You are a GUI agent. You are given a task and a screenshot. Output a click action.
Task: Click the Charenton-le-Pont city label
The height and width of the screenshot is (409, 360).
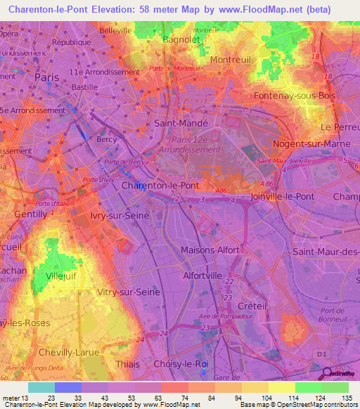(x=160, y=186)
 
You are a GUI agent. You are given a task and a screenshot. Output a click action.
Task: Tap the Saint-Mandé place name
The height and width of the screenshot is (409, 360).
(x=185, y=123)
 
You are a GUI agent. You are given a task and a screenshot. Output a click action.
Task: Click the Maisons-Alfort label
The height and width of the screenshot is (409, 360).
(x=212, y=249)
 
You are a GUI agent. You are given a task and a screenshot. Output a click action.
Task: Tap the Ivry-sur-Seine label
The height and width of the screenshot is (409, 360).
(x=120, y=216)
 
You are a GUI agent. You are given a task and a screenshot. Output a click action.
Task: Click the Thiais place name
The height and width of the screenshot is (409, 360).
(x=127, y=365)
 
